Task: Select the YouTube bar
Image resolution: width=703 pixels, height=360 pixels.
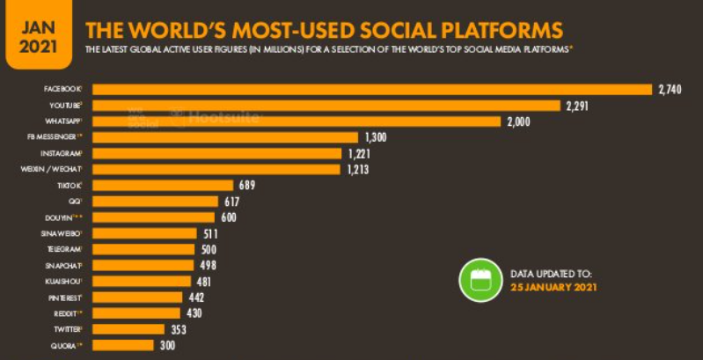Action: [x=326, y=106]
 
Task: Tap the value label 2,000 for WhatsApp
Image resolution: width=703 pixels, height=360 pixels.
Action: [x=519, y=121]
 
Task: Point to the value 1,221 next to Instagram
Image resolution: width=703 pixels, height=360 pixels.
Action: [x=359, y=153]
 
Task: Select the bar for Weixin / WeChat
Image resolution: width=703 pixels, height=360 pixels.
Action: [x=216, y=169]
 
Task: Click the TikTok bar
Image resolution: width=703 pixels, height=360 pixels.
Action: [x=163, y=185]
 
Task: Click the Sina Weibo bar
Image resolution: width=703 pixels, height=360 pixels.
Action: [x=145, y=233]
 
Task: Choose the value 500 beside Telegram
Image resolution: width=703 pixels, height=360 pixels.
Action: [x=208, y=249]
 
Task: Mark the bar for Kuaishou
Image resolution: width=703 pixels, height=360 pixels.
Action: [x=142, y=281]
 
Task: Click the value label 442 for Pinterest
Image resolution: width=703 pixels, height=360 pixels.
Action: [x=198, y=298]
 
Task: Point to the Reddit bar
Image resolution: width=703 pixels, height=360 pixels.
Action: [x=136, y=313]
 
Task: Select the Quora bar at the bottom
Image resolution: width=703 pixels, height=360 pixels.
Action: [x=123, y=345]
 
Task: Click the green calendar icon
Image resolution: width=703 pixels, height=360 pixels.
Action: [x=480, y=280]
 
